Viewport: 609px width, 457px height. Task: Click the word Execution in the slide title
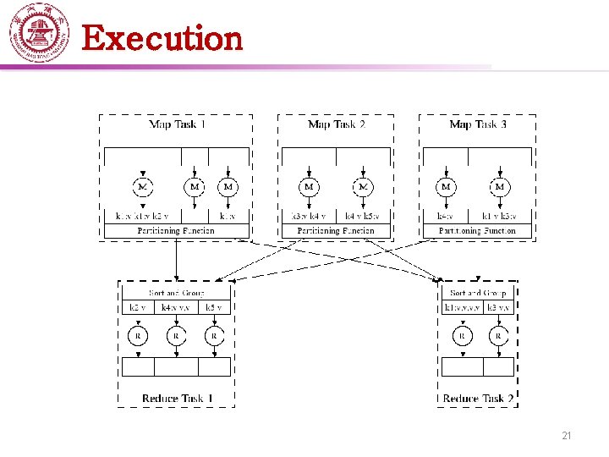162,39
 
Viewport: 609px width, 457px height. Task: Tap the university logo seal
38,33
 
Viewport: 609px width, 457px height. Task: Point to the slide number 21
567,436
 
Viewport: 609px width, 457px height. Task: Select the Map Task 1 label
178,124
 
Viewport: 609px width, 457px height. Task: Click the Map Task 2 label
337,124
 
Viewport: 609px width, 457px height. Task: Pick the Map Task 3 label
479,124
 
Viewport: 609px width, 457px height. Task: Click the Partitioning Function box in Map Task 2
336,230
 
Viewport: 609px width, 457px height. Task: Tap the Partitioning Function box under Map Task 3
477,230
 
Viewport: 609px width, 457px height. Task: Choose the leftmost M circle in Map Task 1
143,186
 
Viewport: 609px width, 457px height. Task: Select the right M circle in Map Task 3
499,186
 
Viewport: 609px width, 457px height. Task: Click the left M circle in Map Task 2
309,186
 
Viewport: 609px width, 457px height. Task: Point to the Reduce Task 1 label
178,398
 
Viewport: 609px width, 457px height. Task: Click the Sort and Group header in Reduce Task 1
176,294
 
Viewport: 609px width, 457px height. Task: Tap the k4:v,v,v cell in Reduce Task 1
177,307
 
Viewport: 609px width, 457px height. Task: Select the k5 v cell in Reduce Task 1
215,307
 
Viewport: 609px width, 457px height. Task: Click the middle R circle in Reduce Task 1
176,336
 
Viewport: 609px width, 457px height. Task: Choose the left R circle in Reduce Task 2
462,336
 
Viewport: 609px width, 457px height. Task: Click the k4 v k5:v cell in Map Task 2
363,217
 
